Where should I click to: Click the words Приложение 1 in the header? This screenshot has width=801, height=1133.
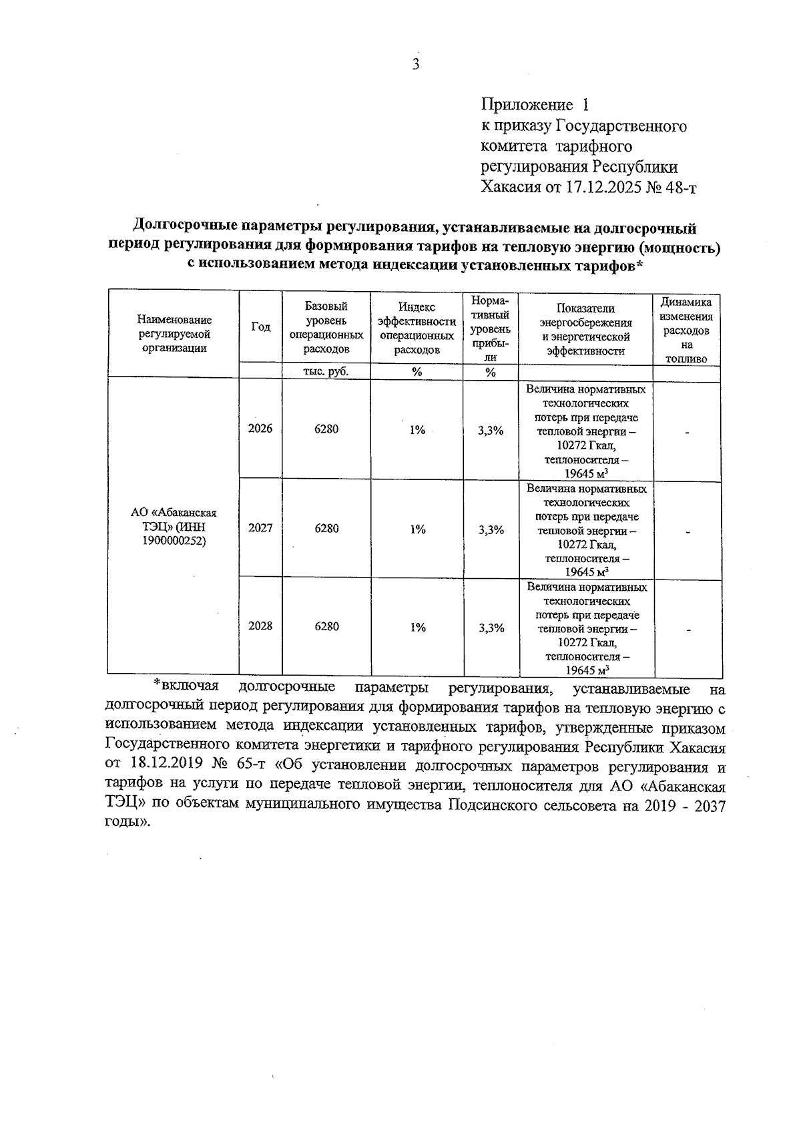pyautogui.click(x=535, y=105)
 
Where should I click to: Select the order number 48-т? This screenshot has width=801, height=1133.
pyautogui.click(x=680, y=188)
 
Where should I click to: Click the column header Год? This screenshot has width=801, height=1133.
pyautogui.click(x=261, y=326)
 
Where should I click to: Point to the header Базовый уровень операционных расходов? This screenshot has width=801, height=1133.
pyautogui.click(x=326, y=327)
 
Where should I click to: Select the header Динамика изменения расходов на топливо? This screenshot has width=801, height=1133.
pyautogui.click(x=687, y=330)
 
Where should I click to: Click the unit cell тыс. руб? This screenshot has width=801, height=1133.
pyautogui.click(x=326, y=372)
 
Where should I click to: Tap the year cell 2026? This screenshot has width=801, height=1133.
pyautogui.click(x=260, y=429)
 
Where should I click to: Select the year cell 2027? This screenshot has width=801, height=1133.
pyautogui.click(x=260, y=528)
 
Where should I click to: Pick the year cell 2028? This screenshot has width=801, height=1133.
pyautogui.click(x=260, y=626)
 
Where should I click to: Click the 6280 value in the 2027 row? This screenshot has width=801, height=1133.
pyautogui.click(x=326, y=528)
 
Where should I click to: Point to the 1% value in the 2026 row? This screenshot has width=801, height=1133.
pyautogui.click(x=417, y=430)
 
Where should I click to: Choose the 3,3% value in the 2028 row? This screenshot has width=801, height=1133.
pyautogui.click(x=491, y=628)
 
